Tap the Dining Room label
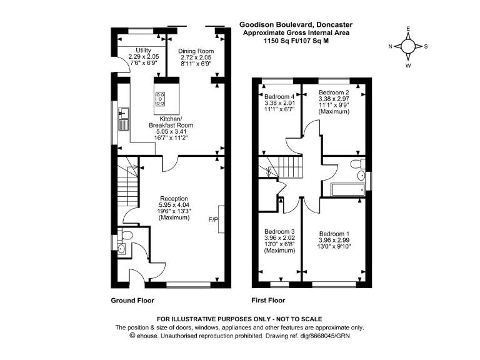coord(196,51)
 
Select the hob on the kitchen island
coord(160,97)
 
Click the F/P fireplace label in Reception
coord(214,221)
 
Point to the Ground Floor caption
coord(132,300)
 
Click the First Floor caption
coord(268,300)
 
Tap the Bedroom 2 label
coord(333,92)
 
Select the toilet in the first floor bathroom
coord(357,165)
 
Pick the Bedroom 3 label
coord(279,231)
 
